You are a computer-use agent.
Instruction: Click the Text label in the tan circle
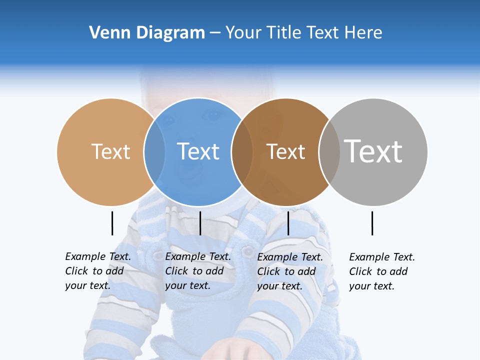coord(110,151)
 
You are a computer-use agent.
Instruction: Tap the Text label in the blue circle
coord(198,151)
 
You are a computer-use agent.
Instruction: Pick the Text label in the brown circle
coord(285,152)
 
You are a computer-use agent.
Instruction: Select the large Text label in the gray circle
coord(373,151)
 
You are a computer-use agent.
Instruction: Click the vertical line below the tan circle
coord(112,223)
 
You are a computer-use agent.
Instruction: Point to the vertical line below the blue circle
coord(200,223)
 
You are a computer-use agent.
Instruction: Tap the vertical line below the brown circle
coord(288,223)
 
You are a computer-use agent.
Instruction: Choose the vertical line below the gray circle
coord(372,223)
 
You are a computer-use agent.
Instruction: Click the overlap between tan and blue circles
coord(154,152)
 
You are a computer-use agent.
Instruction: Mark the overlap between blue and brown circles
coord(242,152)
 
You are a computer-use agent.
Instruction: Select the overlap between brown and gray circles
coord(329,152)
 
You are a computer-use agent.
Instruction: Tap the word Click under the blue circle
coord(176,271)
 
